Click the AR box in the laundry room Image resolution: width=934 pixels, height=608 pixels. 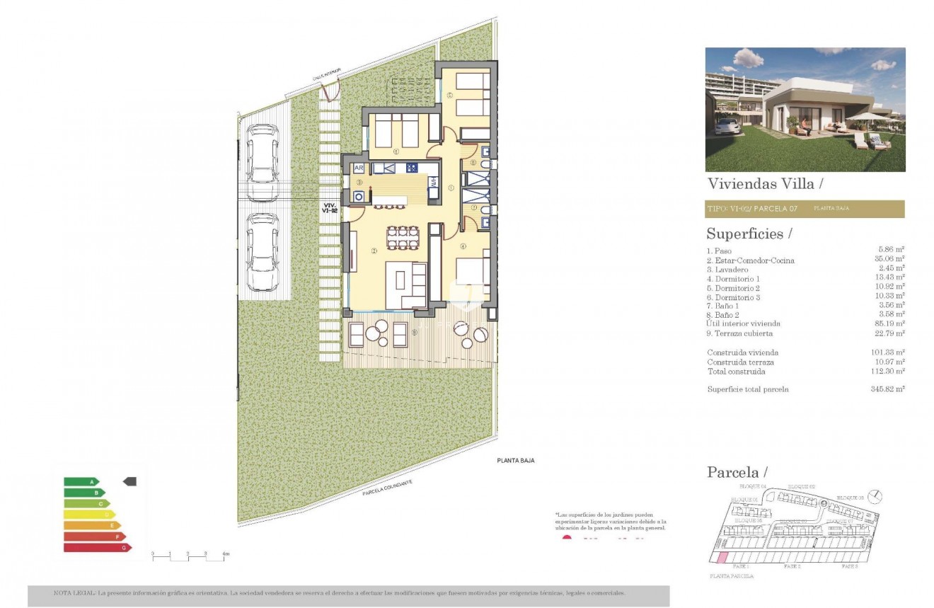[x=359, y=168]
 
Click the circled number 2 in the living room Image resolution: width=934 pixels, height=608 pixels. [x=374, y=250]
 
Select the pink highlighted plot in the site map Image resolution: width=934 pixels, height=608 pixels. [x=722, y=558]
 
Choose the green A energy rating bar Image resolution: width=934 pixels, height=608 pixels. [x=81, y=481]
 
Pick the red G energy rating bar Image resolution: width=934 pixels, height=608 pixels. [x=97, y=547]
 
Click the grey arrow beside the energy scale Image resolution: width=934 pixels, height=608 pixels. [x=129, y=481]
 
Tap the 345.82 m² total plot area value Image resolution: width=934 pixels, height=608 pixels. [x=891, y=389]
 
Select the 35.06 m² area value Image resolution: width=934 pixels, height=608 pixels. [x=891, y=260]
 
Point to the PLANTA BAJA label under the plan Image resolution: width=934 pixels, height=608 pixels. [x=514, y=461]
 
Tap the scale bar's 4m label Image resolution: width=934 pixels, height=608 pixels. [x=226, y=553]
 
